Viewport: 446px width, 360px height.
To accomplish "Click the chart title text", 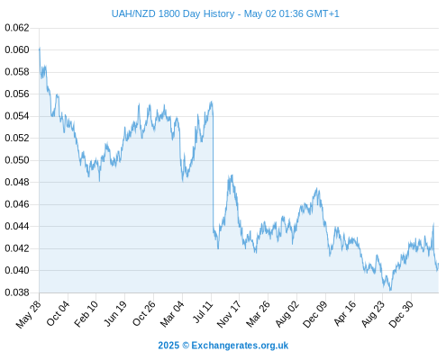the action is point(225,13).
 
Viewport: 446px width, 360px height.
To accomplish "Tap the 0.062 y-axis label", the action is point(17,28).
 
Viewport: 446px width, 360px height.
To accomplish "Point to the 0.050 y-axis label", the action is point(17,160).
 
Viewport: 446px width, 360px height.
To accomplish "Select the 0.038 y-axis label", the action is point(17,292).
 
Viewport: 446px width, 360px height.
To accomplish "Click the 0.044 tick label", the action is point(17,226).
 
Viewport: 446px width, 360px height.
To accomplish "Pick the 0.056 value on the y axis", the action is point(17,94).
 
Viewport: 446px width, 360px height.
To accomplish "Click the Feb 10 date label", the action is point(86,314).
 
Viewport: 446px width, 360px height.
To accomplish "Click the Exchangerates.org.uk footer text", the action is point(240,346).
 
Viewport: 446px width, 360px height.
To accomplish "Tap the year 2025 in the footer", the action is point(168,346).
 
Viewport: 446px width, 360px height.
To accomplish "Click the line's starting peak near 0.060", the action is point(40,48).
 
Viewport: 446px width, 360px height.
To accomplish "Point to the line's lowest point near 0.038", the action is point(390,290).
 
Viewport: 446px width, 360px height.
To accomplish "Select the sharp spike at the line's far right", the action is point(433,223).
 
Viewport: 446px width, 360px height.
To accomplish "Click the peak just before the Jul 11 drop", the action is point(212,102).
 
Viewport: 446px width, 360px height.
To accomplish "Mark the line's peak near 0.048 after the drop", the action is point(231,175).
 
